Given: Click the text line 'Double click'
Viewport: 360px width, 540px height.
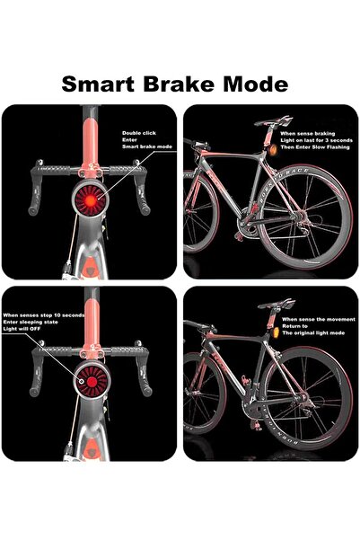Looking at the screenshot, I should pyautogui.click(x=138, y=133).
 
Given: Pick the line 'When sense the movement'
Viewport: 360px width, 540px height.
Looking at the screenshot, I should pyautogui.click(x=313, y=320).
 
